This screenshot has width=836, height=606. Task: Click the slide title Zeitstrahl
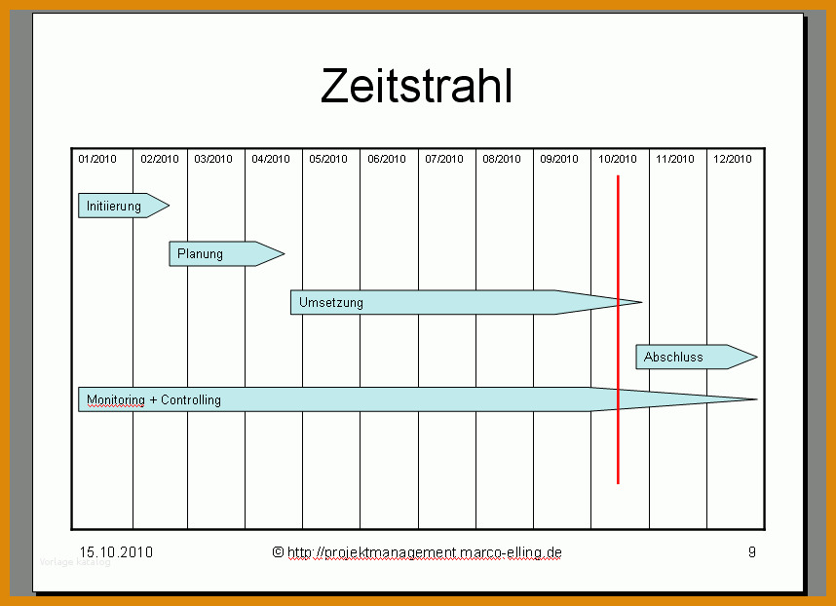[416, 87]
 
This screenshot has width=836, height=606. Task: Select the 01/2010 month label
[97, 159]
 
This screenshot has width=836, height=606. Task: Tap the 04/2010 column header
[271, 159]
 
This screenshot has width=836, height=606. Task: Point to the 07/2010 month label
[444, 159]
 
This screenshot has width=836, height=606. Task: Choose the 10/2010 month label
[618, 159]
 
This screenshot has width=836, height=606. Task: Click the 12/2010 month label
[733, 159]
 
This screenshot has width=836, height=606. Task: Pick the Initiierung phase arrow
[124, 206]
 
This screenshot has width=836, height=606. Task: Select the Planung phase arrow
[227, 253]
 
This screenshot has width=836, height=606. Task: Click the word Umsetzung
[331, 303]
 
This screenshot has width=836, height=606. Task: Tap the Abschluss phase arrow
[697, 357]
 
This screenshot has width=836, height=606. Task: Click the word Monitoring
[116, 399]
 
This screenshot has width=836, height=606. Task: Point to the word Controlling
[191, 399]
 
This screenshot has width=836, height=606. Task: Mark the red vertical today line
[618, 329]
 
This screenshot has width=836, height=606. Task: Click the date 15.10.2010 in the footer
[116, 552]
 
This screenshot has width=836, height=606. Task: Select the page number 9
[752, 551]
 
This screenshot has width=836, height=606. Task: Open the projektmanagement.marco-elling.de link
[425, 552]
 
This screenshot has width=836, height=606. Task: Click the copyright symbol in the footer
[278, 551]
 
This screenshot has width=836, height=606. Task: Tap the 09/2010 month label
[559, 159]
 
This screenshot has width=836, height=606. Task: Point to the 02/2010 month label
[160, 159]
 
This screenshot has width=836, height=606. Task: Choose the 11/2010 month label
[675, 159]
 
